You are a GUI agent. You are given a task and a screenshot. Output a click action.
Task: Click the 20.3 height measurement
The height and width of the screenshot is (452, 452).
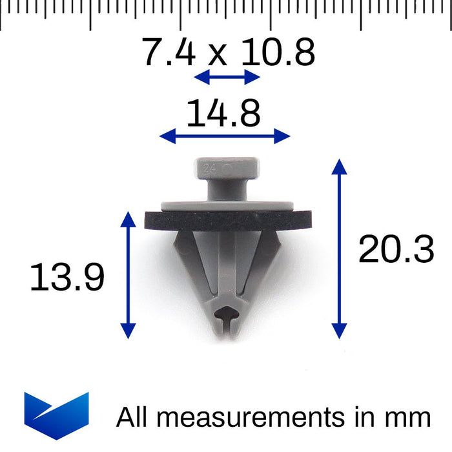click(x=396, y=250)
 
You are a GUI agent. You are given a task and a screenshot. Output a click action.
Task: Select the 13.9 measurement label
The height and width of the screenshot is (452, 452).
click(x=67, y=279)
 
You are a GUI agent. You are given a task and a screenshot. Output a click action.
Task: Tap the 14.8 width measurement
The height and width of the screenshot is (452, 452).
click(x=223, y=114)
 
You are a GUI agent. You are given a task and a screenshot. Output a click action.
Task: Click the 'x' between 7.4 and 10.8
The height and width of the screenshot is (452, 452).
click(x=218, y=57)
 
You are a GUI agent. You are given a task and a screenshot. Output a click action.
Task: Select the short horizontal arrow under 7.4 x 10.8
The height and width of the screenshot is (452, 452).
click(x=227, y=77)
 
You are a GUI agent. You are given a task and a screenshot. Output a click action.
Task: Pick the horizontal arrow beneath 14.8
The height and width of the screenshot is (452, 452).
click(x=225, y=136)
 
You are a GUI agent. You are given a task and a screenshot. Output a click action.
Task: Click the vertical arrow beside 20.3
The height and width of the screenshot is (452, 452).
click(x=339, y=249)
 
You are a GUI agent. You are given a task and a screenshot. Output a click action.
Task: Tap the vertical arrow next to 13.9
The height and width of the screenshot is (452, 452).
click(x=128, y=275)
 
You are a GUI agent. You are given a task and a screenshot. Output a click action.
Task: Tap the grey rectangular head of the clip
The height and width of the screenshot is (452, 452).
click(x=227, y=169)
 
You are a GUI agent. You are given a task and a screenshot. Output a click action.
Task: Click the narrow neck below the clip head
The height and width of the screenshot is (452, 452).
click(x=227, y=191)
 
